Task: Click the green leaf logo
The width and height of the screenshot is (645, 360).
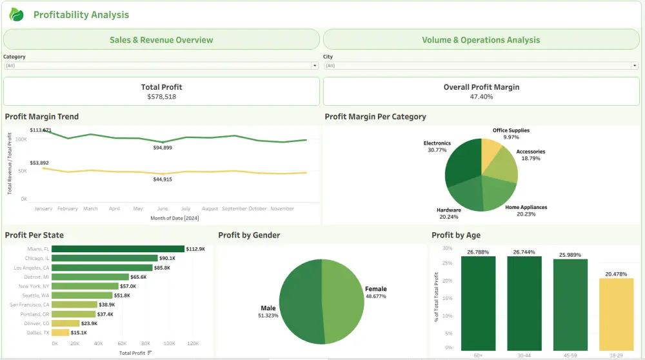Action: [x=17, y=15]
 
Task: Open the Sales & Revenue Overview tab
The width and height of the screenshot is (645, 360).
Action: [x=161, y=39]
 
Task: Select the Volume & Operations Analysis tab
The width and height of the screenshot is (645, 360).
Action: [x=481, y=39]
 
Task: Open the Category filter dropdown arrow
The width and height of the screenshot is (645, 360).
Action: [x=315, y=66]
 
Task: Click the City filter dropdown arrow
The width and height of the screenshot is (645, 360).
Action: [x=635, y=66]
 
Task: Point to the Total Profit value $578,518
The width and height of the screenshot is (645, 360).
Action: [x=161, y=97]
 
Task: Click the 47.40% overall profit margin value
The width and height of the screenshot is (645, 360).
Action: [x=481, y=97]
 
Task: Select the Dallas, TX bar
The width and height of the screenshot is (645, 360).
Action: [x=61, y=332]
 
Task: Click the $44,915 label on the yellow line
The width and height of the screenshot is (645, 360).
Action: [x=162, y=179]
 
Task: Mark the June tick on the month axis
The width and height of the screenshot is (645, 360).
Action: [x=162, y=208]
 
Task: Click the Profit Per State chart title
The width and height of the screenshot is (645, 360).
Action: [x=34, y=235]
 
